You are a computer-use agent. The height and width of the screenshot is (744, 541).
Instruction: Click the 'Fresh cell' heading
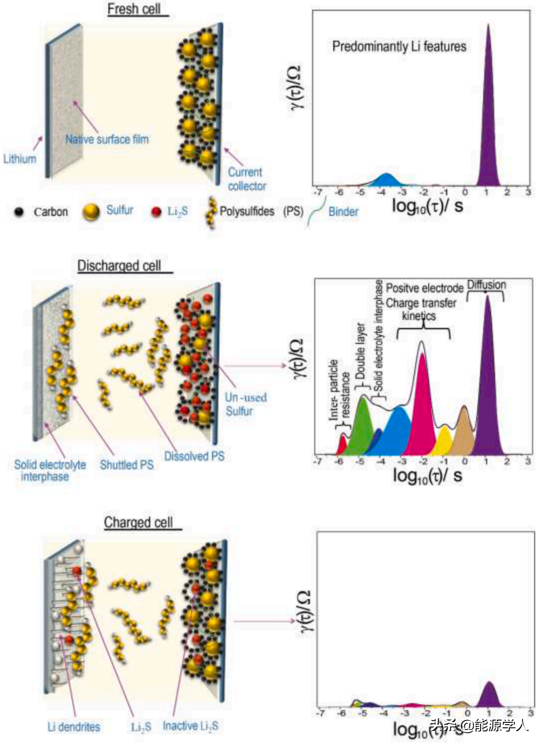pyautogui.click(x=134, y=9)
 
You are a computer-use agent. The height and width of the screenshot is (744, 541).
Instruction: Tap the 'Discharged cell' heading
pyautogui.click(x=119, y=265)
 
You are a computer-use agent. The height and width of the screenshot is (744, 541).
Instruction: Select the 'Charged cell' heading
pyautogui.click(x=138, y=522)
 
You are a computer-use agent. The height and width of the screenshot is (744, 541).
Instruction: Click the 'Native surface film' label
pyautogui.click(x=107, y=139)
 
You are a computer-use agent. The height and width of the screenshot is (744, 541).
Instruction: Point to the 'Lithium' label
pyautogui.click(x=19, y=159)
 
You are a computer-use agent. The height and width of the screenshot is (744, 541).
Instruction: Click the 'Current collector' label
pyautogui.click(x=246, y=179)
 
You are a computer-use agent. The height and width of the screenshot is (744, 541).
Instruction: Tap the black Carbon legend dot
pyautogui.click(x=18, y=211)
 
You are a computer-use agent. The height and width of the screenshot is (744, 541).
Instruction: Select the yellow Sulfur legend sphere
pyautogui.click(x=91, y=211)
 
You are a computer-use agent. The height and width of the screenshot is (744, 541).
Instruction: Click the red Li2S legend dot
pyautogui.click(x=156, y=211)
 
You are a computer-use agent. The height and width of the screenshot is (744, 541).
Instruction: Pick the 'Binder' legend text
pyautogui.click(x=343, y=211)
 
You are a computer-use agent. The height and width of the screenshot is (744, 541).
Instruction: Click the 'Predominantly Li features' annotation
pyautogui.click(x=399, y=46)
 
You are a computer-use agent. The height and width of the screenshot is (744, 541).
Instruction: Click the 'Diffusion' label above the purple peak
pyautogui.click(x=486, y=285)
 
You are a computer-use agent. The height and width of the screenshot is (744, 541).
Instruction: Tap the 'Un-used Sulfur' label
pyautogui.click(x=246, y=404)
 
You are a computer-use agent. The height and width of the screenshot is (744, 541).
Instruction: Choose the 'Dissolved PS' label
pyautogui.click(x=194, y=456)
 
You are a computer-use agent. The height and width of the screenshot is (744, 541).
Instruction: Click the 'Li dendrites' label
pyautogui.click(x=73, y=727)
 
